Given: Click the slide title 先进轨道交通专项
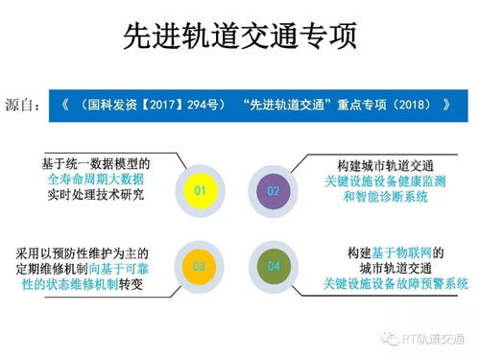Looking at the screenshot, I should [x=240, y=36].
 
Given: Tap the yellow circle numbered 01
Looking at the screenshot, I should [x=200, y=191].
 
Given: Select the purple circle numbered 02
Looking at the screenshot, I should [x=273, y=191].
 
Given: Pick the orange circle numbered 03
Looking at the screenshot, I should [x=200, y=265].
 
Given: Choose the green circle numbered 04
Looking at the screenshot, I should [x=273, y=265].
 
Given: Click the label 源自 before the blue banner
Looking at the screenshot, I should [x=22, y=104].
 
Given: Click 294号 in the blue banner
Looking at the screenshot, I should [x=216, y=104].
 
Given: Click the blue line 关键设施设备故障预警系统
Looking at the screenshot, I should [x=396, y=283].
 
